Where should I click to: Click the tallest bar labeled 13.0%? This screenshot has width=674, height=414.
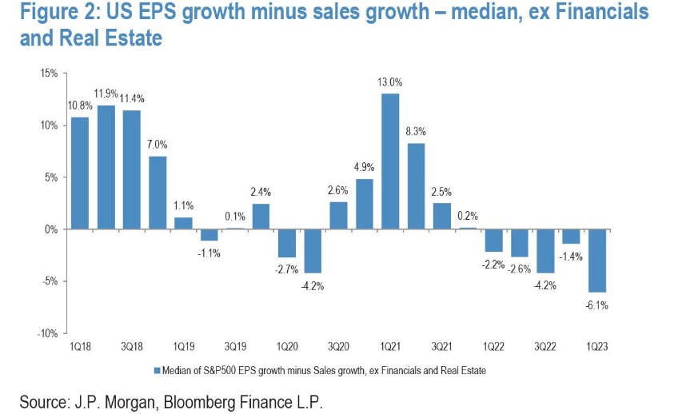(x=390, y=161)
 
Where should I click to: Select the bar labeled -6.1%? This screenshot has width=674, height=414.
(x=596, y=261)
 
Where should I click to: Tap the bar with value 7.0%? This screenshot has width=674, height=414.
(x=158, y=193)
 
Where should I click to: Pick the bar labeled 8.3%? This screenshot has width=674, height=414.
(x=416, y=185)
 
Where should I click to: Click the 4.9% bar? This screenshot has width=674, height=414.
(x=365, y=204)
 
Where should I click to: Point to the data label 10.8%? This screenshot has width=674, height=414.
(x=80, y=105)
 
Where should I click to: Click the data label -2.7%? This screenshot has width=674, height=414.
(x=287, y=269)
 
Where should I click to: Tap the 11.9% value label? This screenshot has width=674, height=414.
(x=106, y=94)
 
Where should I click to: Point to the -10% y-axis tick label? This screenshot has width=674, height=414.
(x=46, y=332)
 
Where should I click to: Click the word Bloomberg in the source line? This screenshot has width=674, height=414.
(x=212, y=402)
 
